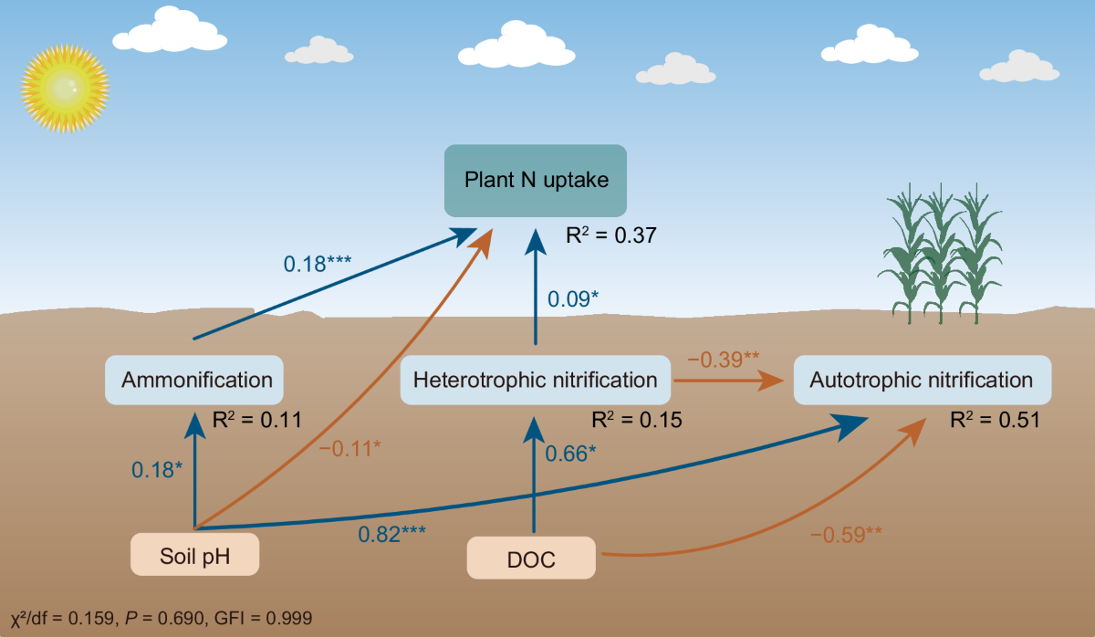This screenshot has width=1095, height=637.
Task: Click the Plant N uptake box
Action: [x=536, y=180]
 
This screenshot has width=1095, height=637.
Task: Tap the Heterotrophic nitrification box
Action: [x=536, y=380]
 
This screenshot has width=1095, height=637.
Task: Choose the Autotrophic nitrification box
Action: [x=922, y=380]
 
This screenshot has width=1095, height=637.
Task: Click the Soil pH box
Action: [x=193, y=554]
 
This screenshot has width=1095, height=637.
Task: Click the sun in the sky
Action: [x=64, y=88]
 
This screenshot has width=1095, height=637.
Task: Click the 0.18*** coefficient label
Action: [x=318, y=264]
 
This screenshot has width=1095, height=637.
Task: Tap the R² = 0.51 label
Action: [x=995, y=421]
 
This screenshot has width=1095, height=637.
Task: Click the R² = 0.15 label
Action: [x=637, y=421]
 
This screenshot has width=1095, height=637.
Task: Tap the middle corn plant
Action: [x=938, y=256]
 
